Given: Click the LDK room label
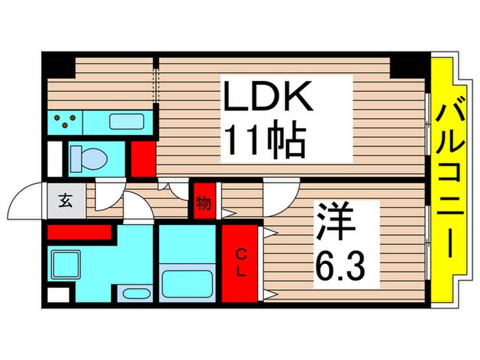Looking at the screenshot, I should point(268,98).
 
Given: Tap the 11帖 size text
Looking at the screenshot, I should point(263,143).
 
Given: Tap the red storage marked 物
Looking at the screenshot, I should point(204,202).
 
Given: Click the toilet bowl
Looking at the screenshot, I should point(88,158).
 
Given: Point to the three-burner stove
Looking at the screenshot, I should point(65,123).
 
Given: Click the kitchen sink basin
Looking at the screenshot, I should point(127,123).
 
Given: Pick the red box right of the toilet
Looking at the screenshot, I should point(143,158).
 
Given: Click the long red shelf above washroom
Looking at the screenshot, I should point(79,232).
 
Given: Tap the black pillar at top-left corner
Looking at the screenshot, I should point(59,65).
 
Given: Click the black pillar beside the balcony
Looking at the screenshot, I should point(409,64).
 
